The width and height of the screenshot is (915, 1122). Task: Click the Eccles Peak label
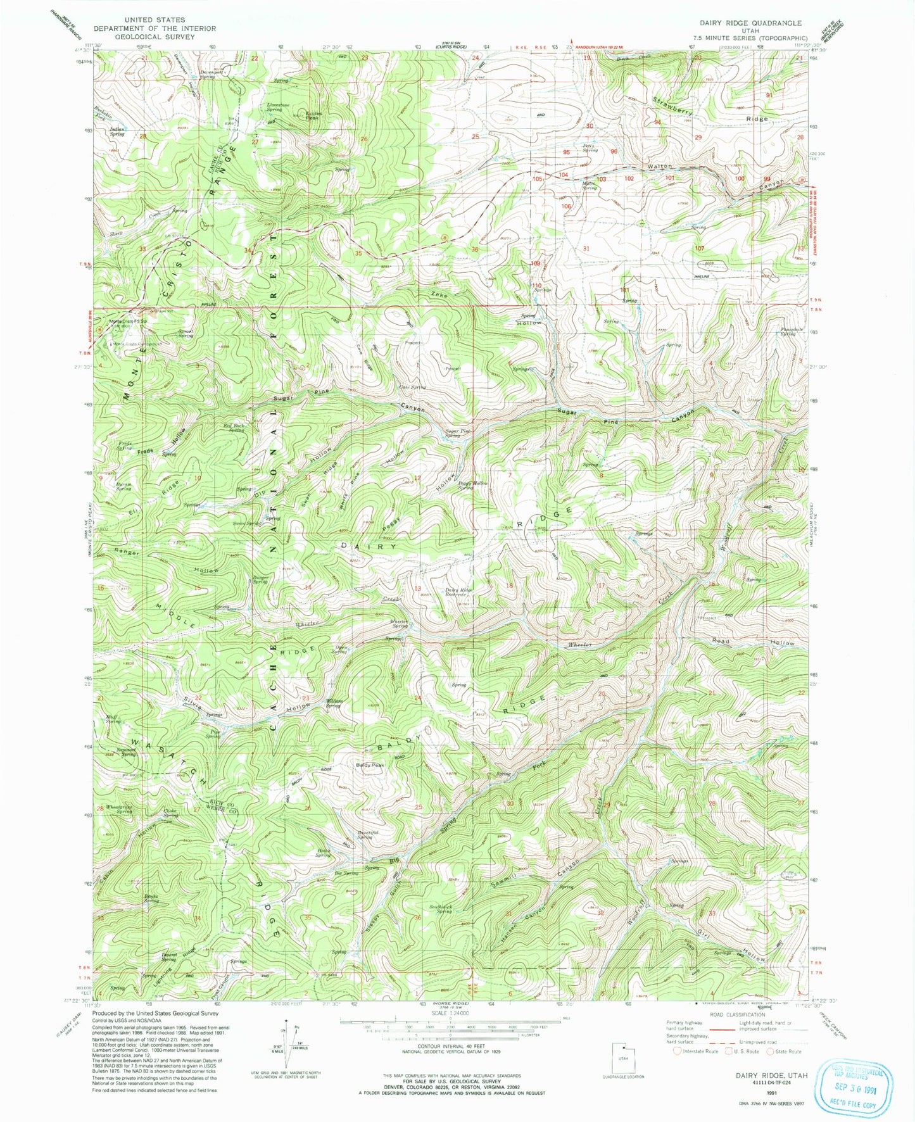pos(313,116)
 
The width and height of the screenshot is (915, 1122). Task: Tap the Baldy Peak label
pos(370,765)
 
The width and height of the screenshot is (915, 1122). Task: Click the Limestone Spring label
pos(279,106)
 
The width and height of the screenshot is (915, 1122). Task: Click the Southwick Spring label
pos(441,909)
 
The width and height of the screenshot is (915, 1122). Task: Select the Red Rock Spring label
pos(233,428)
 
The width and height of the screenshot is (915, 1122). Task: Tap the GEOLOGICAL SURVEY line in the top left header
pos(155,37)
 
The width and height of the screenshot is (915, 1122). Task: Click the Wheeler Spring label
pos(400,624)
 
